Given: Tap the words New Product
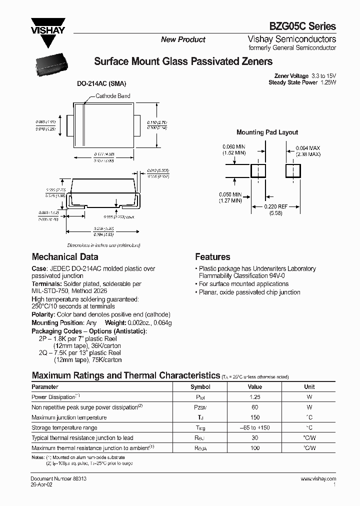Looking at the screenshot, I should (183, 39).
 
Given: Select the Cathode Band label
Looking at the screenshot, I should (112, 95).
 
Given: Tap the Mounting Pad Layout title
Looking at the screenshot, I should (267, 132).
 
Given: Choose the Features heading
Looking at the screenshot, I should (212, 257).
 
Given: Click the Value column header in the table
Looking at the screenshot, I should (254, 387).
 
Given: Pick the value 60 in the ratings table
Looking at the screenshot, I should (254, 407).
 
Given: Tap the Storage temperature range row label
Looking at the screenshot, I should (64, 427).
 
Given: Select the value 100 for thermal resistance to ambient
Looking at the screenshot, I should (254, 448).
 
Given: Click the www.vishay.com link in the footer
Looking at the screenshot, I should (318, 478).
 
